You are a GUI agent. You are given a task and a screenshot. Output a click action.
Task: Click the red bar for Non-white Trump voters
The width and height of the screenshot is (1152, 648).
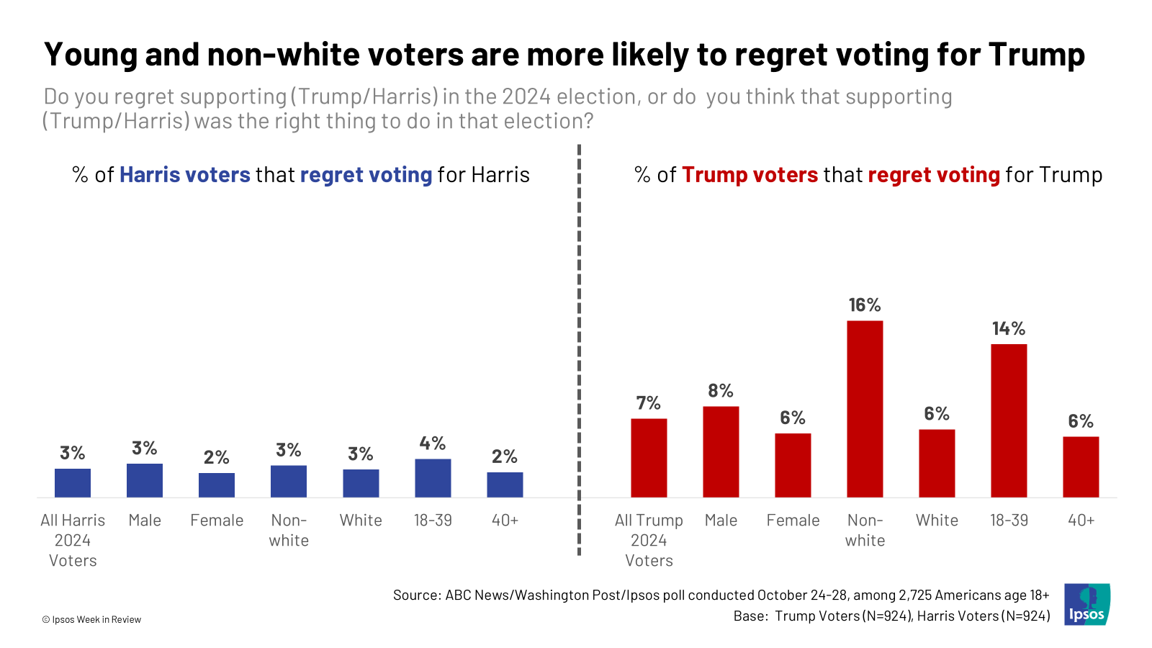pyautogui.click(x=865, y=409)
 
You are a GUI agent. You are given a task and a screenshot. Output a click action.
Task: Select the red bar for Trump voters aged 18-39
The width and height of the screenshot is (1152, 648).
pyautogui.click(x=1009, y=420)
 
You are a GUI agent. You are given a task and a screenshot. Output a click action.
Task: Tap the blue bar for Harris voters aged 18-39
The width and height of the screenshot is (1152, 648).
pyautogui.click(x=433, y=478)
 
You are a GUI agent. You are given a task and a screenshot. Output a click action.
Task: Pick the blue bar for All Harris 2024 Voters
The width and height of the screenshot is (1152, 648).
pyautogui.click(x=73, y=483)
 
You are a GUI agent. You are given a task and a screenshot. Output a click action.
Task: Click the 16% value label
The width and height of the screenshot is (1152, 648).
pyautogui.click(x=865, y=305)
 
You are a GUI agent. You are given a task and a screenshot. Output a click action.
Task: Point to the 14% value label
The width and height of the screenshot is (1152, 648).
pyautogui.click(x=1009, y=329)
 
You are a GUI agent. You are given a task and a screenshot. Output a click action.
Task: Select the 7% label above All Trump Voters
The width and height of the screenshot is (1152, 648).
pyautogui.click(x=649, y=403)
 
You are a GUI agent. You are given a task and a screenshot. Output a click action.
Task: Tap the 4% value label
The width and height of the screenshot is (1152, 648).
pyautogui.click(x=433, y=444)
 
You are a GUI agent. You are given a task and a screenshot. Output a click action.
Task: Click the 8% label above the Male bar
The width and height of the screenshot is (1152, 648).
pyautogui.click(x=721, y=391)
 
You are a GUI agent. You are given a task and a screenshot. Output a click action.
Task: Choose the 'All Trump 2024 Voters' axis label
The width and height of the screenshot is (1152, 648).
pyautogui.click(x=649, y=540)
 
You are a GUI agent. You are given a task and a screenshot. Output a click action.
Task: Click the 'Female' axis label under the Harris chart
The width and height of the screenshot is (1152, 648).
pyautogui.click(x=217, y=520)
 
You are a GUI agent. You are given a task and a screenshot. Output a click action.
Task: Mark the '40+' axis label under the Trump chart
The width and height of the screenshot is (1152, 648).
pyautogui.click(x=1081, y=520)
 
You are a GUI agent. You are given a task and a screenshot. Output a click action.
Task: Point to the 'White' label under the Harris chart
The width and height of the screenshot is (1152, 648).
pyautogui.click(x=361, y=520)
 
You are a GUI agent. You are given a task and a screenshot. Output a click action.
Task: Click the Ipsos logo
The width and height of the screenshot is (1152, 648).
pyautogui.click(x=1087, y=604)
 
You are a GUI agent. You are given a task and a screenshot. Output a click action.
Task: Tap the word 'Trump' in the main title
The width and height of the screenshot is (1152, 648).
pyautogui.click(x=1036, y=55)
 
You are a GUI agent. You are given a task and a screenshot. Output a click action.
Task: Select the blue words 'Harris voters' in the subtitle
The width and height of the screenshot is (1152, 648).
pyautogui.click(x=185, y=175)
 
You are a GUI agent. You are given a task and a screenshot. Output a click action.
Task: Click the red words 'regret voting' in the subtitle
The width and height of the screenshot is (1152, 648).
pyautogui.click(x=934, y=175)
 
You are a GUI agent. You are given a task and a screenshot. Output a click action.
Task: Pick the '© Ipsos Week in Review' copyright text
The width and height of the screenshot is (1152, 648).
pyautogui.click(x=91, y=619)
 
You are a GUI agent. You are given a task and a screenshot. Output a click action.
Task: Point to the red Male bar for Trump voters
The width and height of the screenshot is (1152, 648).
pyautogui.click(x=721, y=452)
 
